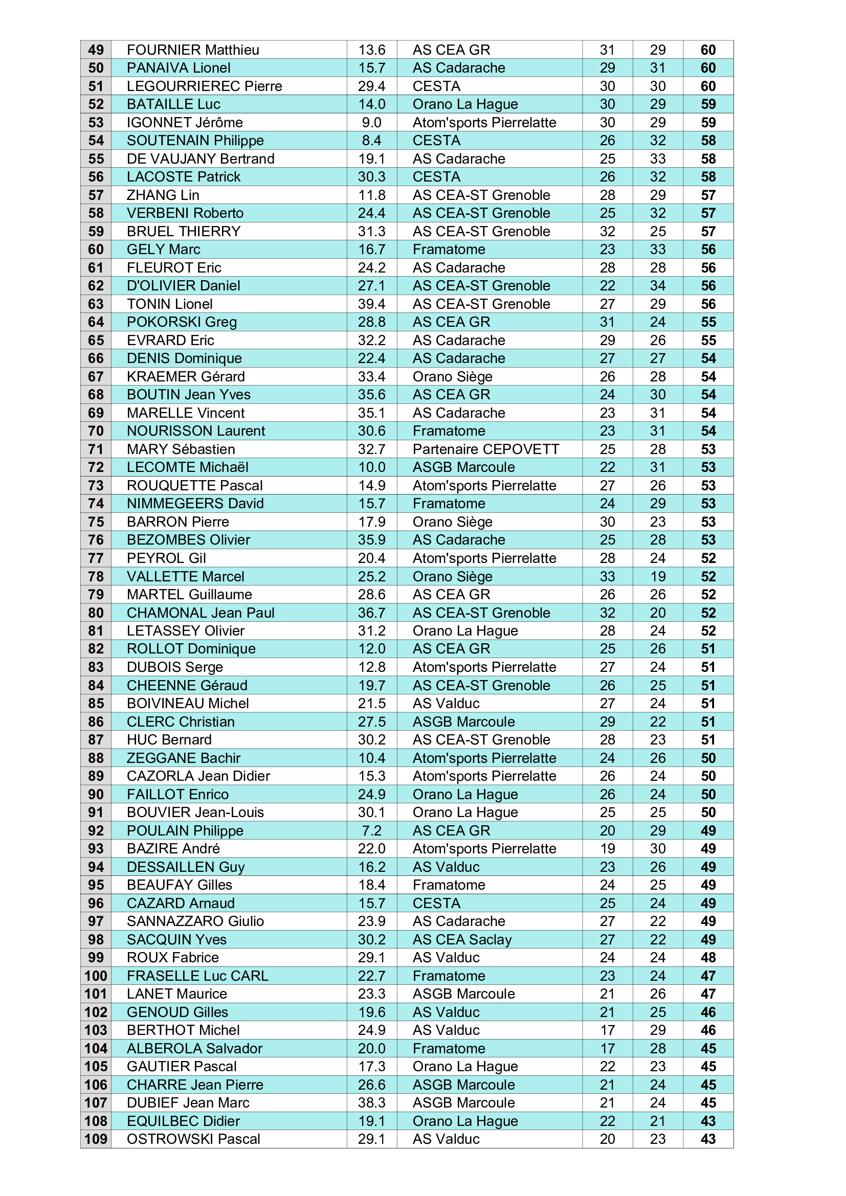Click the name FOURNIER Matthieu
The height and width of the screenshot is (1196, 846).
[x=193, y=50]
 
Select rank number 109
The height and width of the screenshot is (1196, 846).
[x=96, y=1139]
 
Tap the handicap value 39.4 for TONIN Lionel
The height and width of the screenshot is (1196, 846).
[x=371, y=304]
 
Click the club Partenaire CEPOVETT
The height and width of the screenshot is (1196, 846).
[x=485, y=449]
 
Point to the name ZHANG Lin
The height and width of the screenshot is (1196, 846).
[x=163, y=195]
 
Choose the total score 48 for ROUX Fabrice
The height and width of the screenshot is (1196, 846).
[x=708, y=957]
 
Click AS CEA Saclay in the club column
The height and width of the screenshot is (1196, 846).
[x=462, y=939]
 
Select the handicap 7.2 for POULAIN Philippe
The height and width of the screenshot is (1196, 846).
[x=371, y=830]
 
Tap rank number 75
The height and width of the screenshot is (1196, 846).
[x=96, y=522]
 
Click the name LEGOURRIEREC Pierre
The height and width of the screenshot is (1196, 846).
[x=204, y=86]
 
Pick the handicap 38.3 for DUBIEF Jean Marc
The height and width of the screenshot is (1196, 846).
[x=371, y=1103]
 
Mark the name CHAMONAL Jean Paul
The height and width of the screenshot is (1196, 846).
[x=201, y=613]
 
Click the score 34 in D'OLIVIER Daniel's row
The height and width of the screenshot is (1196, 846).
[x=657, y=286]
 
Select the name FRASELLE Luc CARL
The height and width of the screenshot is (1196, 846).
[x=197, y=976]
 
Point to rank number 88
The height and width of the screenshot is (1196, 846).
[x=96, y=758]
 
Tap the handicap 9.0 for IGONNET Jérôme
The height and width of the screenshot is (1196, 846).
[x=371, y=122]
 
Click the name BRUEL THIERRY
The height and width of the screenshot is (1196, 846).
[x=184, y=231]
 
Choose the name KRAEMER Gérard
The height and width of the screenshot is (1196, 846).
[x=186, y=377]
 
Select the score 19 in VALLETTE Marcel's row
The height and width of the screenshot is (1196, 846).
[x=657, y=577]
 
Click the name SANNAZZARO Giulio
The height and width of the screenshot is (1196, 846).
[x=195, y=921]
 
